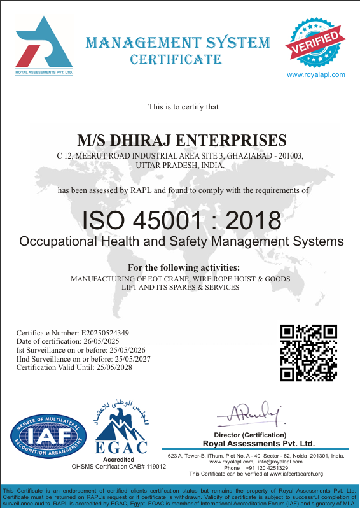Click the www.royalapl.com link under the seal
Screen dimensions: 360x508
316,74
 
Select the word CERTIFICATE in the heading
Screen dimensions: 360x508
176,60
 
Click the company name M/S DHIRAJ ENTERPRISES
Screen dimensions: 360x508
181,140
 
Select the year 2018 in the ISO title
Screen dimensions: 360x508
253,221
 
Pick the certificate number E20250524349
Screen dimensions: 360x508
105,332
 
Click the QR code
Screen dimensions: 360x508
308,352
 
